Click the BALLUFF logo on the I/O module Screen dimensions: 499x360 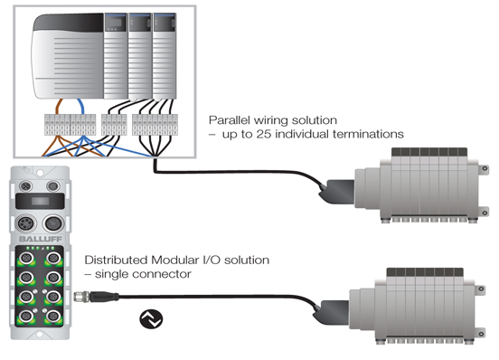[x=41, y=239]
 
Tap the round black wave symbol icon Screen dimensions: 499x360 [x=151, y=319]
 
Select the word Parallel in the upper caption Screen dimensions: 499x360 [x=229, y=120]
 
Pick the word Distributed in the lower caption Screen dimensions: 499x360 [x=117, y=261]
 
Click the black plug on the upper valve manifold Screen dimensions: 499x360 [x=337, y=192]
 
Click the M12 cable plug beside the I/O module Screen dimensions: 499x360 [x=97, y=297]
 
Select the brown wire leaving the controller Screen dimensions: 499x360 [x=59, y=107]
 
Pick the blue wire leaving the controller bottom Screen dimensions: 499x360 [x=80, y=107]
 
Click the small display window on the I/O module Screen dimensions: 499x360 [x=40, y=201]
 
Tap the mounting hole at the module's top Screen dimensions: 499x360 [x=40, y=173]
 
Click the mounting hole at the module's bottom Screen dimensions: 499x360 [x=40, y=335]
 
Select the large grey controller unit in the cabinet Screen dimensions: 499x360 [x=68, y=56]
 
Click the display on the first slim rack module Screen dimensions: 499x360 [x=115, y=23]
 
